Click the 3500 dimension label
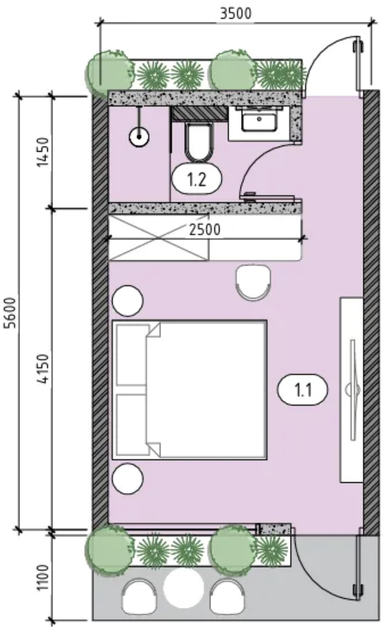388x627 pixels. [x=236, y=13]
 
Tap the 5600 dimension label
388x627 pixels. [x=11, y=313]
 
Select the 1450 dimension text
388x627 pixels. [x=43, y=152]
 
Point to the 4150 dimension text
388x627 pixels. [x=43, y=369]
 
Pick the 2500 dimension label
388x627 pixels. [x=205, y=230]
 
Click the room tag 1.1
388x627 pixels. [x=302, y=390]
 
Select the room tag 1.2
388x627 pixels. [x=197, y=179]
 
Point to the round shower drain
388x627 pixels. [x=139, y=137]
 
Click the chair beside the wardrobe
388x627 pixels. [x=253, y=282]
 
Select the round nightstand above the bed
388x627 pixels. [x=127, y=300]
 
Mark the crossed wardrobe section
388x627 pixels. [x=158, y=237]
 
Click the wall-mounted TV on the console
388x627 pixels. [x=353, y=390]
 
